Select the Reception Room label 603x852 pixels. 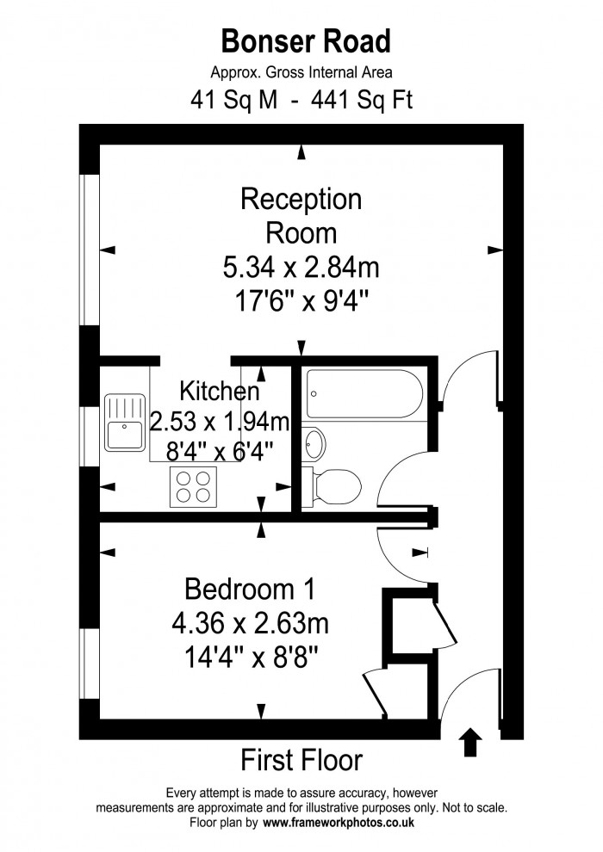[x=301, y=216]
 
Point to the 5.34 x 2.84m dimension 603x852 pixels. [x=301, y=269]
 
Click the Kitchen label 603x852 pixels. [x=219, y=392]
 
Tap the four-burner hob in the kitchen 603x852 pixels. [x=192, y=487]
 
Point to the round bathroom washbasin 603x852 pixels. [x=315, y=444]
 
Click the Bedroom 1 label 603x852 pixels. [x=250, y=590]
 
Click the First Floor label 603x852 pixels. [x=301, y=761]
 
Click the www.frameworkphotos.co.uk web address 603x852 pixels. [x=339, y=823]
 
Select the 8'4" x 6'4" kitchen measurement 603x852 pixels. [x=221, y=449]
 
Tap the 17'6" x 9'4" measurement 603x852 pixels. [x=301, y=302]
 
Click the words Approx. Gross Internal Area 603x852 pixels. [x=301, y=73]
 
